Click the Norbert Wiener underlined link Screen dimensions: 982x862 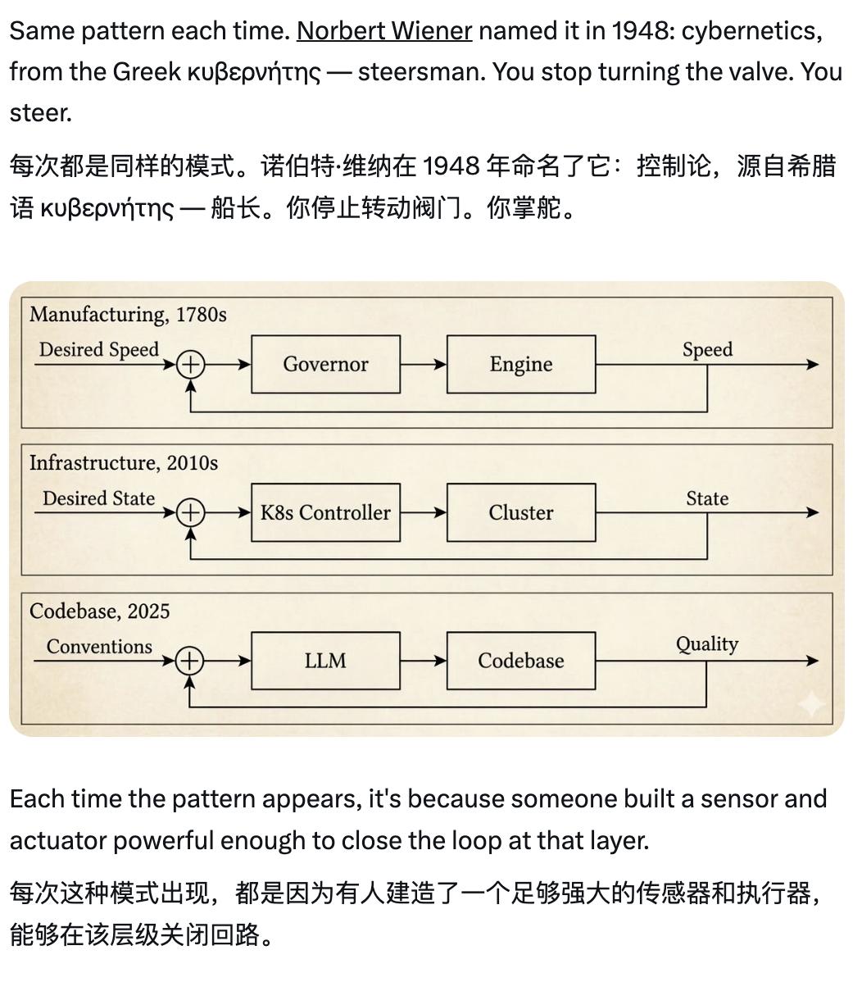383,31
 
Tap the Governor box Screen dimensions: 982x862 325,364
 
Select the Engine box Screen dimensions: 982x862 520,364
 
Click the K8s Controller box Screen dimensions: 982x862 325,512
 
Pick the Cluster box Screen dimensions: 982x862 520,512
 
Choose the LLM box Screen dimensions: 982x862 325,661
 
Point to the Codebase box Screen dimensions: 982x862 520,661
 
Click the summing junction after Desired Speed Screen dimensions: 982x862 190,365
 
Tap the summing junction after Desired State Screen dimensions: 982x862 190,513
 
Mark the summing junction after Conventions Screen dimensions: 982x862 190,661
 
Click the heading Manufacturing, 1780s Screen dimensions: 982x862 128,315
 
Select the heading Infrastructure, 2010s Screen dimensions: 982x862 124,463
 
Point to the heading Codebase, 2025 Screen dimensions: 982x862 100,611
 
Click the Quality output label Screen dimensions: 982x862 706,645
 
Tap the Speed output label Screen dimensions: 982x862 707,350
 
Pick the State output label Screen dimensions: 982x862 707,498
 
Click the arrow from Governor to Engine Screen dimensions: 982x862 423,365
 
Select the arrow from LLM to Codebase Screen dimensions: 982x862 423,661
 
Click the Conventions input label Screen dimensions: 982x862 99,647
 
